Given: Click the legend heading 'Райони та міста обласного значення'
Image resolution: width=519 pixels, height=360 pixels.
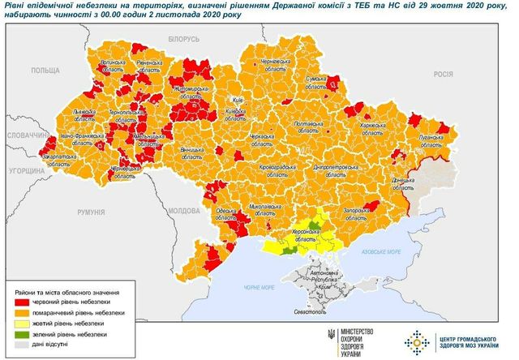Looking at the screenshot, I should [67, 291].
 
